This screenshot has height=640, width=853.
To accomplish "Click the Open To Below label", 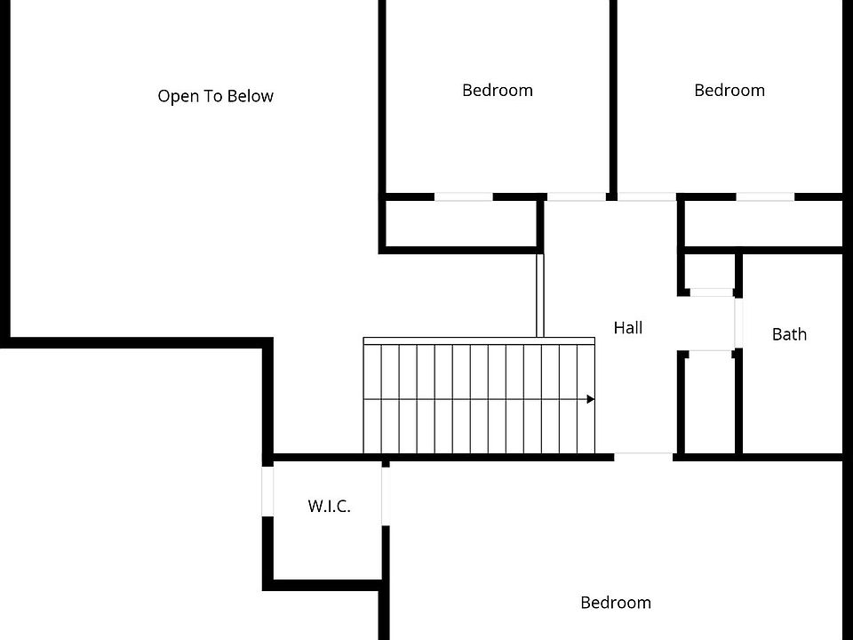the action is pos(215,96).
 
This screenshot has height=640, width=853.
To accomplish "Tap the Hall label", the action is pos(628,328).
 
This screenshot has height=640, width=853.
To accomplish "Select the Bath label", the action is pos(789,334).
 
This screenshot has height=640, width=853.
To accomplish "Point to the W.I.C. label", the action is pos(329,506).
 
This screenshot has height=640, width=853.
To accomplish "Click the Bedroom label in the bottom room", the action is pos(616,603).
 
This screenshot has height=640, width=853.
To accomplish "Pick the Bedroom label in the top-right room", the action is pos(729,91).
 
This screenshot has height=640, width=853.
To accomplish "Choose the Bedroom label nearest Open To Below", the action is pos(498,91).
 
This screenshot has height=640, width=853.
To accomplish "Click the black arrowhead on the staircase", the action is pos(591,399).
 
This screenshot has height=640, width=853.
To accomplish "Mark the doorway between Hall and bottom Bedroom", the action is pos(643,457).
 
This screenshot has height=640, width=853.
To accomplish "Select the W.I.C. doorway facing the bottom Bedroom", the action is pos(385,496).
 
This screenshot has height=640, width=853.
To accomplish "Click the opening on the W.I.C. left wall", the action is pos(267,491).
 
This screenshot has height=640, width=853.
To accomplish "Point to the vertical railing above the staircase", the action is pos(539,295).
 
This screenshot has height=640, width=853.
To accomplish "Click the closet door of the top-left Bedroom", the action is pos(464,197).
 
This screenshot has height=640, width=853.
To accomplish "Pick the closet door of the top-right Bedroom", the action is pos(765,197).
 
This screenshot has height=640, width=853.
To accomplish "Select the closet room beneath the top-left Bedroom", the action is pos(461,224).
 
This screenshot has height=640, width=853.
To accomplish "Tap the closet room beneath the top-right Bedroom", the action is pos(763,224).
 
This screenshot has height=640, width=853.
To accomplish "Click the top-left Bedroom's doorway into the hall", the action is pos(576,197).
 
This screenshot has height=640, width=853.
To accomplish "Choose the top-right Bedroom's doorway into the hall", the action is pos(647,197).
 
